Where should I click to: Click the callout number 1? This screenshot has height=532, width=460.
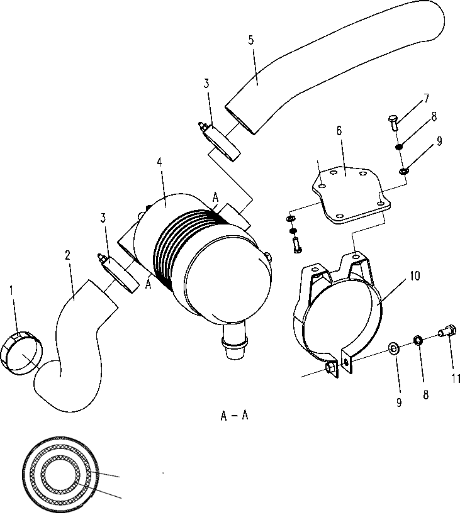tap(11, 291)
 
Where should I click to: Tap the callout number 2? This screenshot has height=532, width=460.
tap(68, 255)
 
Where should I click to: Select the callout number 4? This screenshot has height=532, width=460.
tap(160, 162)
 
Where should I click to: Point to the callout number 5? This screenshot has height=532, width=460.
tap(251, 40)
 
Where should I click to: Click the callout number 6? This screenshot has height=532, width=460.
tap(339, 130)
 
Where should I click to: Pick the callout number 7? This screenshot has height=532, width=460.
tap(427, 98)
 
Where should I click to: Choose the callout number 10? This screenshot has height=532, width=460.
tap(415, 276)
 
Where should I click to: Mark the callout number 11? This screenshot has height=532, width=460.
tap(456, 378)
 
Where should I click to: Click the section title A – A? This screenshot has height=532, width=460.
tap(234, 415)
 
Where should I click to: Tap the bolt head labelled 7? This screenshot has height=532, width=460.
tap(393, 119)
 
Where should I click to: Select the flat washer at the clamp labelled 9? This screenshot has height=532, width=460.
tap(394, 348)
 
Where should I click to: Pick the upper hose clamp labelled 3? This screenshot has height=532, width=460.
tap(220, 142)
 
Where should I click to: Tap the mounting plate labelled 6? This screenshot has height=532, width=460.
tap(351, 194)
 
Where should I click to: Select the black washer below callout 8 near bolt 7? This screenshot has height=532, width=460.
tap(398, 147)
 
